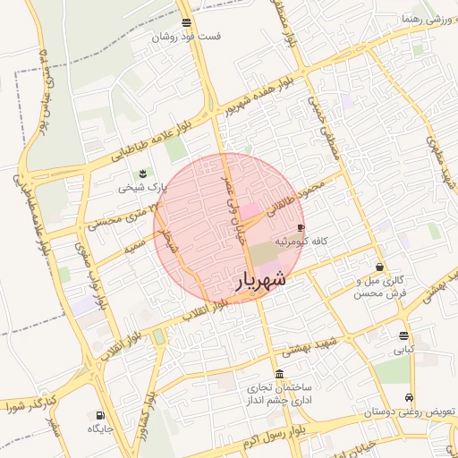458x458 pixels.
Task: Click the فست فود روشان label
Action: coord(186,37)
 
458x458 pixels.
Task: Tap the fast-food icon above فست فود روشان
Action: coord(185,22)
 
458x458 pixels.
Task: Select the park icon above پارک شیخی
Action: coord(141,174)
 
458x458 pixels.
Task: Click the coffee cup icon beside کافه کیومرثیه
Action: coord(301,228)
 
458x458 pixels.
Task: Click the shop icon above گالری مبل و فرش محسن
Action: coord(380,267)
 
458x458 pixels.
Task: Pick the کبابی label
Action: coord(404,352)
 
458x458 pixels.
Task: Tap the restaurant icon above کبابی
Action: coord(404,336)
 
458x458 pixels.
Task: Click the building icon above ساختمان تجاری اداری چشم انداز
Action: coord(280,374)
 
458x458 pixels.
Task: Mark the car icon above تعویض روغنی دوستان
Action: coord(409,397)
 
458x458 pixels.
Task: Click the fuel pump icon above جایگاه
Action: coord(99,415)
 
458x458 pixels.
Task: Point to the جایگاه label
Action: coord(99,429)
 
